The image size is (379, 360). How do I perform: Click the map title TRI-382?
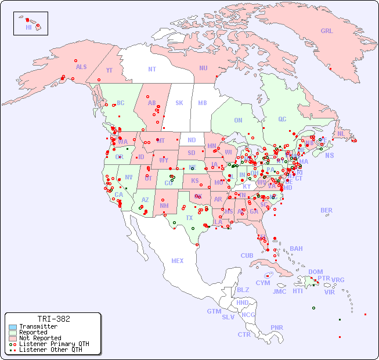[53, 319]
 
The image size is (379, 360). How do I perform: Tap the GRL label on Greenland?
[327, 31]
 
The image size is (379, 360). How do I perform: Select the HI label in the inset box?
[28, 27]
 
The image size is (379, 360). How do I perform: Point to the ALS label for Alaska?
[81, 67]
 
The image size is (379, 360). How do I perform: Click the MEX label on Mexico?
[178, 261]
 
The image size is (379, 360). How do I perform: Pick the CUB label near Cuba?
[247, 255]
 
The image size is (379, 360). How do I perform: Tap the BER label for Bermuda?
[327, 210]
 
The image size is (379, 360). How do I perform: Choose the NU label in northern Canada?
[203, 68]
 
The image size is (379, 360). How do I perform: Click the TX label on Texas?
[189, 218]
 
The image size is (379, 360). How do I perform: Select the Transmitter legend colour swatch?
[13, 327]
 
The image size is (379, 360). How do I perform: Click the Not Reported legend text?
[40, 338]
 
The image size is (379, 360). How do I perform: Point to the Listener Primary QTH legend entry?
[53, 344]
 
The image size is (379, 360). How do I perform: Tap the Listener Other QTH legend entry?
[50, 350]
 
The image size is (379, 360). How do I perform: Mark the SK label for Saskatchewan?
[179, 103]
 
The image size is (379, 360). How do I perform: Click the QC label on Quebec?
[282, 119]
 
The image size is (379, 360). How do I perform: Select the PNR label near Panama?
[277, 327]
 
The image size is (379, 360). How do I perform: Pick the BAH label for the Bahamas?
[296, 249]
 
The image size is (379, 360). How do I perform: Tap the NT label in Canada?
[152, 69]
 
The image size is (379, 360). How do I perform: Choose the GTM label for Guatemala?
[214, 311]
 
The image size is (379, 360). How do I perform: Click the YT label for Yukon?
[109, 70]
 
